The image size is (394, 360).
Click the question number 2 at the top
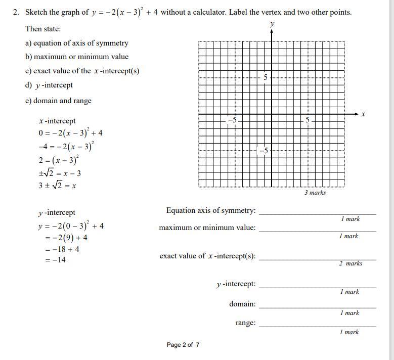pyautogui.click(x=16, y=12)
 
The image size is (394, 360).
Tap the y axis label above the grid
pyautogui.click(x=272, y=24)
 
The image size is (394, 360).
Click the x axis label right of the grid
pyautogui.click(x=363, y=115)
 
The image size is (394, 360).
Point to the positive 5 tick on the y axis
pyautogui.click(x=265, y=77)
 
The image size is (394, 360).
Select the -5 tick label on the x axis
pyautogui.click(x=232, y=120)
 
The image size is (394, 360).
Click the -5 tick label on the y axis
pyautogui.click(x=264, y=151)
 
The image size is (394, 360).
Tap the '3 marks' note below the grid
pyautogui.click(x=315, y=193)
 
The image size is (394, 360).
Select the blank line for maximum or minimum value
pyautogui.click(x=317, y=231)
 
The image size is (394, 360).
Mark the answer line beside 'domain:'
pyautogui.click(x=317, y=307)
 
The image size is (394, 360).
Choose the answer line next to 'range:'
pyautogui.click(x=317, y=326)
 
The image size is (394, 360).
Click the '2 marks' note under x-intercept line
pyautogui.click(x=351, y=263)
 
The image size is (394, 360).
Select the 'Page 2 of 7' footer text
pyautogui.click(x=183, y=345)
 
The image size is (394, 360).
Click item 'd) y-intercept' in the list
pyautogui.click(x=49, y=85)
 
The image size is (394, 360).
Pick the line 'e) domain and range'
pyautogui.click(x=58, y=101)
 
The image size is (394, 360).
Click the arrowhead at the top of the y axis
pyautogui.click(x=272, y=32)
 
